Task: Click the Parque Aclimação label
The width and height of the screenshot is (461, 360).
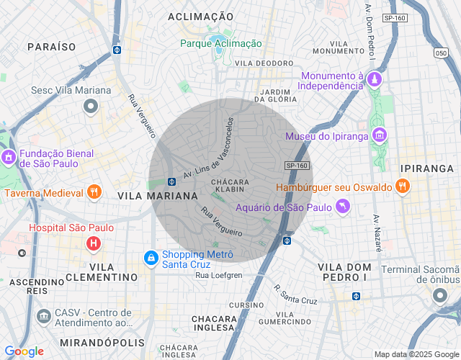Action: (221, 43)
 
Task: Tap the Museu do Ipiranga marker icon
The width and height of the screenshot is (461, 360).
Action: (380, 136)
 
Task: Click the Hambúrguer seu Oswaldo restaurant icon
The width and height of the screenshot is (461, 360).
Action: (402, 187)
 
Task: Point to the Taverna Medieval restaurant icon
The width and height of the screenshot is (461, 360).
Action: (93, 192)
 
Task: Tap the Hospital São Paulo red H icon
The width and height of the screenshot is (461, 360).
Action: (93, 243)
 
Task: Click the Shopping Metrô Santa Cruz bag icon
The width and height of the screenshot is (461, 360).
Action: (151, 257)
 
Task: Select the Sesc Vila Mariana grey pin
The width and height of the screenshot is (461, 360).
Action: (91, 107)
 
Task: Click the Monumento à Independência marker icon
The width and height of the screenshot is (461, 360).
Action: (374, 78)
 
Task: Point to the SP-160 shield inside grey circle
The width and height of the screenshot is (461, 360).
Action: (297, 166)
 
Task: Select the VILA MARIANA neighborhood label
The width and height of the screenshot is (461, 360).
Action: (158, 196)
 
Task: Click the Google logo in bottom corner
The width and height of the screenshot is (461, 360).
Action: (24, 351)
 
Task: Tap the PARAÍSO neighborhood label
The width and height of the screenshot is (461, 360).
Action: (51, 46)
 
